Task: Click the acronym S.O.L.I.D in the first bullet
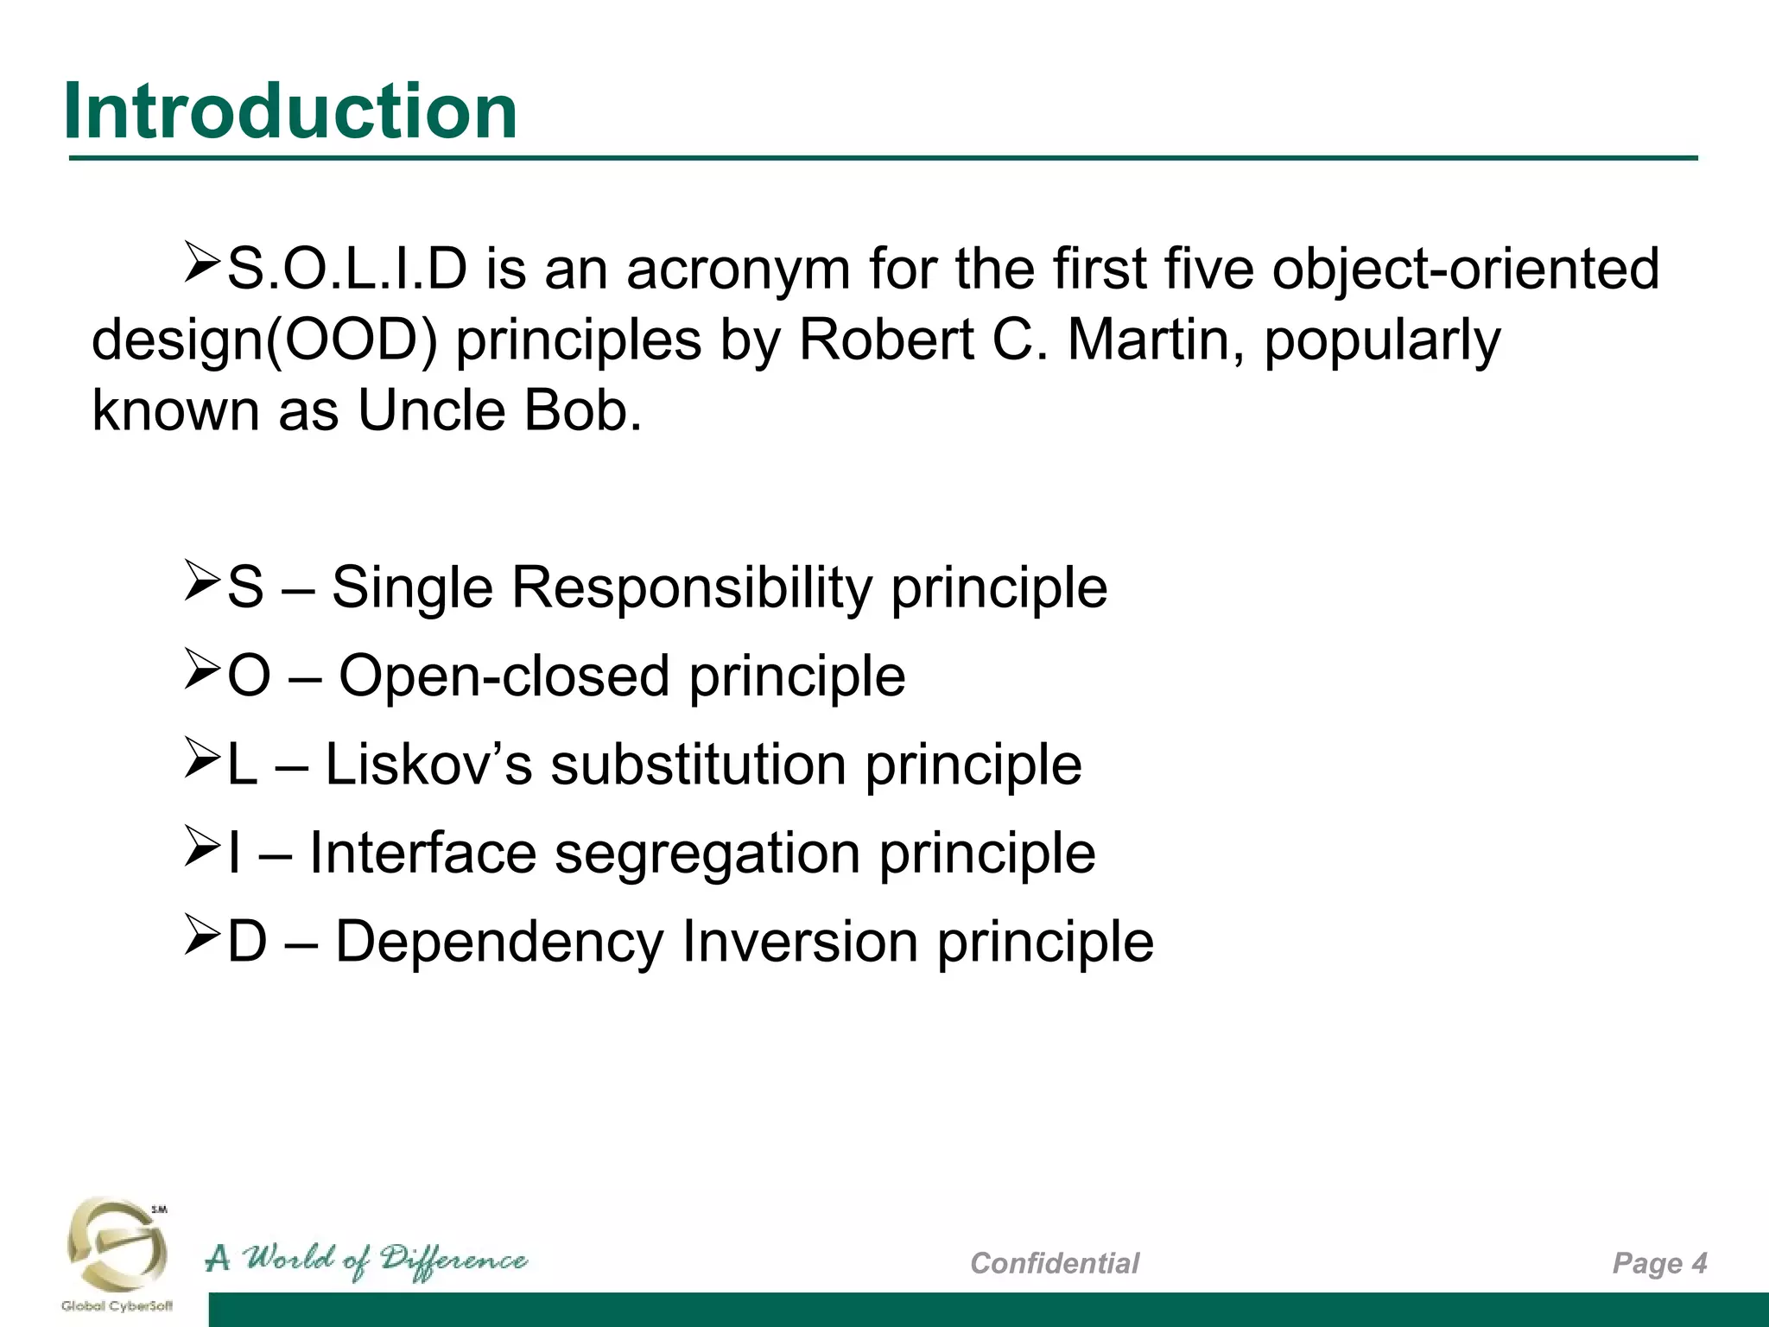click(x=346, y=269)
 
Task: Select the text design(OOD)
click(x=264, y=340)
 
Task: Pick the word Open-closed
click(x=504, y=676)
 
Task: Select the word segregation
click(x=707, y=853)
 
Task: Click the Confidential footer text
click(x=1054, y=1263)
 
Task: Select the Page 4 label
click(x=1659, y=1263)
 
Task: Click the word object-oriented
click(x=1465, y=269)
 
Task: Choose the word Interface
click(x=422, y=853)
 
